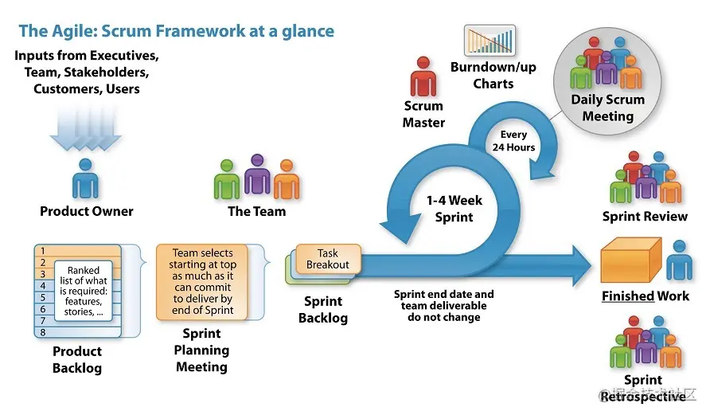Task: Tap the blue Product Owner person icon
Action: (85, 178)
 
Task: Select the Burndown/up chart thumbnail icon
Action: (490, 41)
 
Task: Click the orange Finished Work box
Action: (630, 260)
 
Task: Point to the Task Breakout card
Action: (329, 258)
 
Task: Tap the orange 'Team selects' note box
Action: (204, 281)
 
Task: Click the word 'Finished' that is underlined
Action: (628, 296)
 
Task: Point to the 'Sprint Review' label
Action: (645, 217)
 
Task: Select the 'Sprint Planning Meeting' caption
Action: (201, 350)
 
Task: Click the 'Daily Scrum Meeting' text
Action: (607, 108)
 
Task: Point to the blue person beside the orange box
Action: (678, 260)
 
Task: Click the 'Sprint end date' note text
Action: (443, 305)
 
